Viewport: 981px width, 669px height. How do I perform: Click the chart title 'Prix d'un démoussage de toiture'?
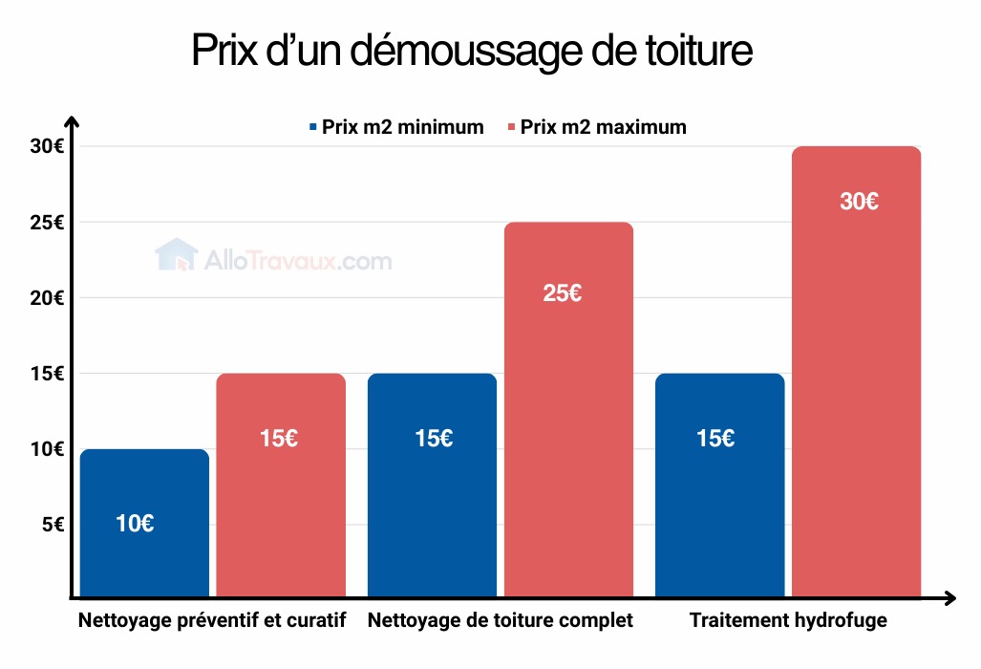472,51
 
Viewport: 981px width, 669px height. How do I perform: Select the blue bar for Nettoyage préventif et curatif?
144,524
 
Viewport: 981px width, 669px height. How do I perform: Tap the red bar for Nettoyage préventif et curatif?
281,486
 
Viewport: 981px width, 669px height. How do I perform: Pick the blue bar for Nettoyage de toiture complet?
433,486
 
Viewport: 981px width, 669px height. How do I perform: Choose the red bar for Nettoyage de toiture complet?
568,410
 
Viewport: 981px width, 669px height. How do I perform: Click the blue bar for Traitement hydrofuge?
720,486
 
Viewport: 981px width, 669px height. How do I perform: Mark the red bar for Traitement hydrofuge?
857,373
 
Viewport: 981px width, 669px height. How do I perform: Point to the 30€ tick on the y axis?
46,147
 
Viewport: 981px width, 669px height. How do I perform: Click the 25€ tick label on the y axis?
46,223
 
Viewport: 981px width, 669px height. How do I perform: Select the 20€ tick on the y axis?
46,298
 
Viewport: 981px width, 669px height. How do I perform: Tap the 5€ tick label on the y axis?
51,525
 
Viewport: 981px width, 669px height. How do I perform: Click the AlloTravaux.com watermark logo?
273,258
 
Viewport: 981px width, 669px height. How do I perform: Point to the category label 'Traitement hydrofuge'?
788,621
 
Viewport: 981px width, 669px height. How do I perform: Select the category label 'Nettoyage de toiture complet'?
500,621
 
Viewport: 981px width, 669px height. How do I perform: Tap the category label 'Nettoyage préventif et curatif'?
211,621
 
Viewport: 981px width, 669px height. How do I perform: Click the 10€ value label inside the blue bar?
135,524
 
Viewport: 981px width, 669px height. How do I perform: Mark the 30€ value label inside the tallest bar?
859,203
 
